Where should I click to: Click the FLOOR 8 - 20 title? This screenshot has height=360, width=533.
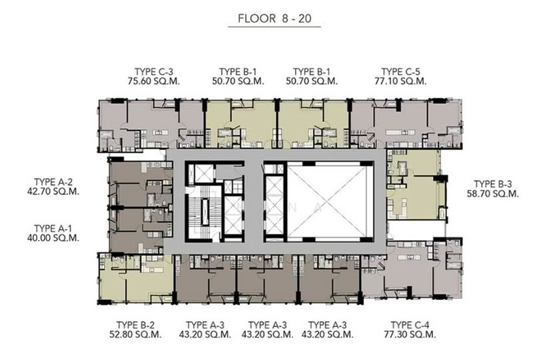tap(274, 19)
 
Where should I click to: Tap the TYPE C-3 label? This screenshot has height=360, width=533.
tap(154, 72)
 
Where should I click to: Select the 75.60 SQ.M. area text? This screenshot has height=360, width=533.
tap(154, 81)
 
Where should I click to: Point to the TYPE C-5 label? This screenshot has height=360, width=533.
tap(400, 72)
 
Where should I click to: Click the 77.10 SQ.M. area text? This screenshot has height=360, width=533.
tap(400, 81)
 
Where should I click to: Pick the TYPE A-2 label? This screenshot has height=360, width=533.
tap(53, 182)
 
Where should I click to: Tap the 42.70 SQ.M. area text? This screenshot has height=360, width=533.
tap(53, 191)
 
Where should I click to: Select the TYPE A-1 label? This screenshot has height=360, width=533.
tap(53, 228)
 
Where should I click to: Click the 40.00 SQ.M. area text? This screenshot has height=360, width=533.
tap(53, 238)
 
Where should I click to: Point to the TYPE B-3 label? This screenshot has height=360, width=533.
tap(492, 184)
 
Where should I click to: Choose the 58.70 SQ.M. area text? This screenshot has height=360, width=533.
tap(493, 193)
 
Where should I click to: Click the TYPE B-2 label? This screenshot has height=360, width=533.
tap(135, 325)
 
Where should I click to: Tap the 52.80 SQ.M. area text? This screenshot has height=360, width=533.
tap(135, 335)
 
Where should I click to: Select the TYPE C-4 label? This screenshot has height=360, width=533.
tap(410, 325)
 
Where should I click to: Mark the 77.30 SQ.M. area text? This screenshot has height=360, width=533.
tap(410, 335)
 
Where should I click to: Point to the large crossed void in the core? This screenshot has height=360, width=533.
tap(327, 201)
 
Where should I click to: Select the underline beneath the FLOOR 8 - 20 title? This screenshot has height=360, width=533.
tap(274, 27)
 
